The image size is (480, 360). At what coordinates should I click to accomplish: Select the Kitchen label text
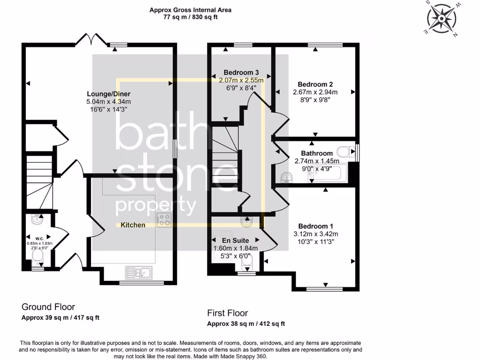[133, 225]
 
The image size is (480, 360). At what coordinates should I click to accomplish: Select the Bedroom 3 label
[241, 72]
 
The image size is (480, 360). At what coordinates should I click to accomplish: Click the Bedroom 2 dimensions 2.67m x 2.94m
[315, 92]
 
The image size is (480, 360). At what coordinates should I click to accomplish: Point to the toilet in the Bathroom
[346, 151]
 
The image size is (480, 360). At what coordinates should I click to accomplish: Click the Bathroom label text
[317, 153]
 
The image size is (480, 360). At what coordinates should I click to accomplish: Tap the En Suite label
[236, 240]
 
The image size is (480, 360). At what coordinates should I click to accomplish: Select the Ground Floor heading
[48, 307]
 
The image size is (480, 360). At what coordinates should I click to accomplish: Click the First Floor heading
[227, 313]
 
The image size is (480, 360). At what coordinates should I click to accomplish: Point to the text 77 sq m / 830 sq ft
[190, 17]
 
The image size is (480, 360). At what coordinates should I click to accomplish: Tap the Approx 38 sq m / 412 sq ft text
[246, 323]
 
